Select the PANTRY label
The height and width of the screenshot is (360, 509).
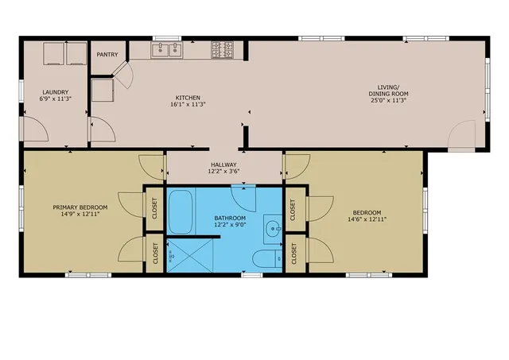(x=107, y=55)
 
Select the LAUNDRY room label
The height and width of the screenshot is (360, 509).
(x=55, y=92)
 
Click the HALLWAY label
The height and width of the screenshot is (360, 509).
(x=223, y=165)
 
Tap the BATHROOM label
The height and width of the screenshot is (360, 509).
(x=230, y=218)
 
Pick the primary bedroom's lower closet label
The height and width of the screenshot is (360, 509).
(x=155, y=254)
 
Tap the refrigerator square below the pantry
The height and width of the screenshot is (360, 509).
(x=103, y=90)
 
